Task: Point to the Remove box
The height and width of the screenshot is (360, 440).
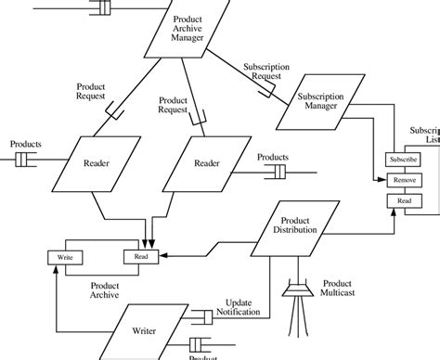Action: [x=404, y=179]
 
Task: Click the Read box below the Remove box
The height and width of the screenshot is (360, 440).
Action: [x=404, y=201]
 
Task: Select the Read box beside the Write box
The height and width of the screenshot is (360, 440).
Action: [x=140, y=256]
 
